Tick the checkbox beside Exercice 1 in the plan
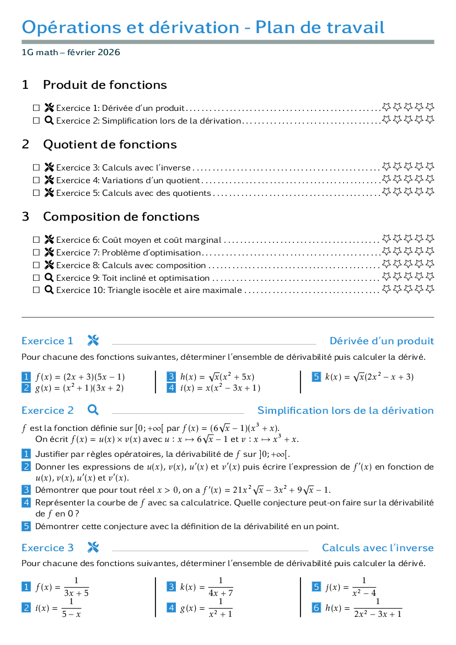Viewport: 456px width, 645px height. [x=36, y=108]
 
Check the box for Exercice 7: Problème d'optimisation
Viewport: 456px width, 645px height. [x=36, y=252]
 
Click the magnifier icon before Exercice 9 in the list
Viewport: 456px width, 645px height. [x=49, y=277]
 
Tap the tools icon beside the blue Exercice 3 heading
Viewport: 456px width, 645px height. [x=93, y=547]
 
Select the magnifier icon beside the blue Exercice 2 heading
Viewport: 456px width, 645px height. [x=93, y=410]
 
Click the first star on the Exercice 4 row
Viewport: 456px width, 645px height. [x=386, y=179]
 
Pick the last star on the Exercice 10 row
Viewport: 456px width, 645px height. [x=430, y=289]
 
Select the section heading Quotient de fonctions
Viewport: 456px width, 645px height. [x=110, y=145]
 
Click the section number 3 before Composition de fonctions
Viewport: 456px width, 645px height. [x=25, y=216]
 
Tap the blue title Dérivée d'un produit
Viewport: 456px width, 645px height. [x=382, y=341]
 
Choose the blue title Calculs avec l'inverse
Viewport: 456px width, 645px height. [x=378, y=547]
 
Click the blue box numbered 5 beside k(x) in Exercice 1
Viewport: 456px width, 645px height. [x=316, y=376]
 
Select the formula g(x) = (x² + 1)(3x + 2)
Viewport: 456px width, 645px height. [x=79, y=388]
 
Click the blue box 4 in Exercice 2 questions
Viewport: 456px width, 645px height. [x=26, y=502]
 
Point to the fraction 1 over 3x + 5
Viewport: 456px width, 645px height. [x=76, y=587]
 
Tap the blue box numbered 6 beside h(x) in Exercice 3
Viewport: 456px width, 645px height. [x=316, y=607]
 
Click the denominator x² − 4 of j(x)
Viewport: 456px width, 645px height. [x=364, y=593]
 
